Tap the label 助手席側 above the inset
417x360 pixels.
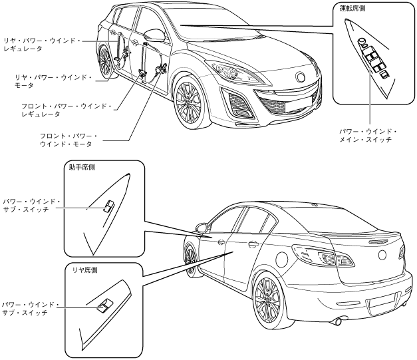(x=82, y=167)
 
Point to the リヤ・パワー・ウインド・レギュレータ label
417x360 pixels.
(x=41, y=45)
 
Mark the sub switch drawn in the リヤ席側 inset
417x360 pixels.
(x=103, y=306)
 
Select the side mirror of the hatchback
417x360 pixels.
(x=154, y=35)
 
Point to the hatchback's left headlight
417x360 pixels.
(x=225, y=69)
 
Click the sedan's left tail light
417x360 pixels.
(x=316, y=256)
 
